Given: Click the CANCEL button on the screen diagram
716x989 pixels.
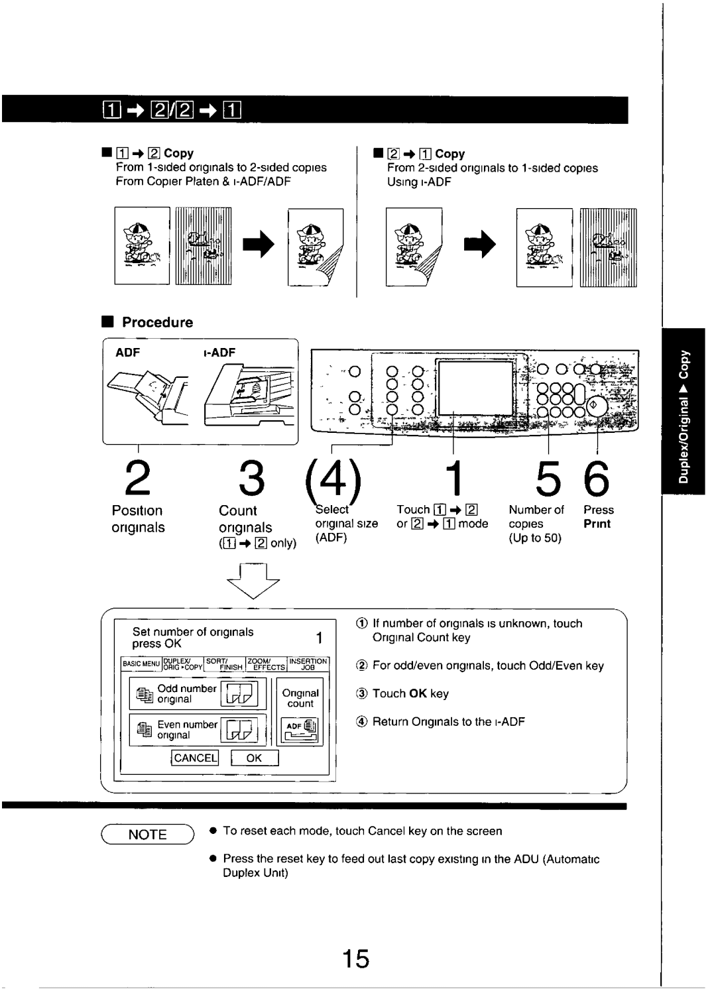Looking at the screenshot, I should (x=195, y=758).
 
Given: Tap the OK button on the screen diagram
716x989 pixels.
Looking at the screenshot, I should (x=254, y=758).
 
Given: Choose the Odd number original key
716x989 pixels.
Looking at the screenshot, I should (x=198, y=694).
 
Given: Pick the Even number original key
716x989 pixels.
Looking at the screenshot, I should (x=198, y=730).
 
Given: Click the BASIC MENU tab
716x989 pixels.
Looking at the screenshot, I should (x=141, y=664).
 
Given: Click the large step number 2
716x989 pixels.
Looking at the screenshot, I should (x=138, y=479).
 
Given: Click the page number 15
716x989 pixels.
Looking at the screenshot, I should (x=356, y=959).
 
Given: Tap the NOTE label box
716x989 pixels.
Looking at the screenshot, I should (x=147, y=835).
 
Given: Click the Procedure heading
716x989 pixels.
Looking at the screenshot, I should (x=157, y=323).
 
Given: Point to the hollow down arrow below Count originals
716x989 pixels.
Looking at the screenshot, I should (x=253, y=580).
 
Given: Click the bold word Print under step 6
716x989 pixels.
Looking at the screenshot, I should (x=597, y=524).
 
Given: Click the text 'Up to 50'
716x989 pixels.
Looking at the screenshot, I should (x=535, y=538).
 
